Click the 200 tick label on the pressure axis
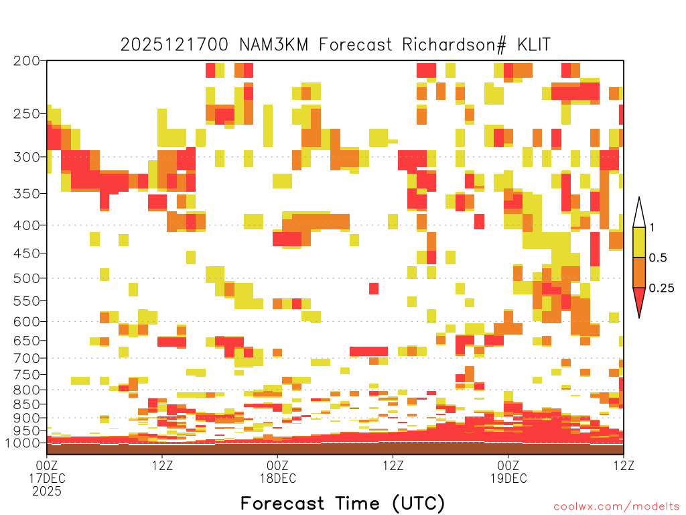click(x=26, y=61)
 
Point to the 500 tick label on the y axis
click(x=26, y=278)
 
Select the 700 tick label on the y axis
click(x=26, y=358)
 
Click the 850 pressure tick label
click(x=26, y=404)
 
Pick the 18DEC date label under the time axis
click(x=278, y=478)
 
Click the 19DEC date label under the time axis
click(x=508, y=478)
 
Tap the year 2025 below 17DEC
click(x=47, y=492)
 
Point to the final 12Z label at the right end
click(x=624, y=465)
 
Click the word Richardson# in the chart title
click(x=454, y=45)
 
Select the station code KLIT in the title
click(x=533, y=45)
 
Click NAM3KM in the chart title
click(x=274, y=45)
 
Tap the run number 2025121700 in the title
click(x=174, y=45)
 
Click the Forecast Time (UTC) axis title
click(x=342, y=503)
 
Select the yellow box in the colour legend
click(x=639, y=242)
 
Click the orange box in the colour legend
click(x=639, y=272)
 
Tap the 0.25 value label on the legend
click(x=661, y=288)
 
